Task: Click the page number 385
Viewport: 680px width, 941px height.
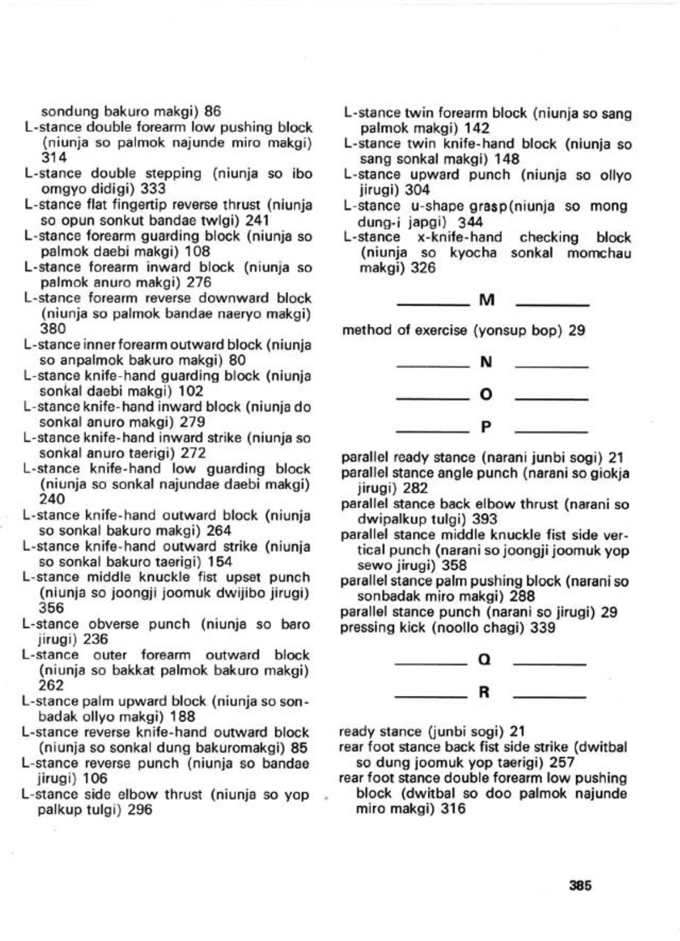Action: coord(580,886)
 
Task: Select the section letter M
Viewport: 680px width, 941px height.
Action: coord(487,300)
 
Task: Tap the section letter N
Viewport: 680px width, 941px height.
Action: coord(486,362)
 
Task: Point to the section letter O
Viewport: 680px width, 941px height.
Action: coord(486,395)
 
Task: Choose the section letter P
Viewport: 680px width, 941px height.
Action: coord(486,427)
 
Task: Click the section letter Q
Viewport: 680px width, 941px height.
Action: coord(485,660)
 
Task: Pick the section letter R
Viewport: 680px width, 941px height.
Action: coord(485,692)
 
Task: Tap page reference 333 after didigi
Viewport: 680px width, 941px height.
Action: coord(153,189)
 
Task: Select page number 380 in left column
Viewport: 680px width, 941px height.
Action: coord(53,329)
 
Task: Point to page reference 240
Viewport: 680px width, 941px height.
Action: coord(52,500)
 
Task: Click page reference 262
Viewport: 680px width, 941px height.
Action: coord(51,686)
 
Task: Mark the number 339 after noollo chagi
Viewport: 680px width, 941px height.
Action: coord(543,628)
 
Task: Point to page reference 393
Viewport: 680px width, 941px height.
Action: coord(484,520)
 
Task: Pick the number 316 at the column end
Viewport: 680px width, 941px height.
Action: coord(453,809)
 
